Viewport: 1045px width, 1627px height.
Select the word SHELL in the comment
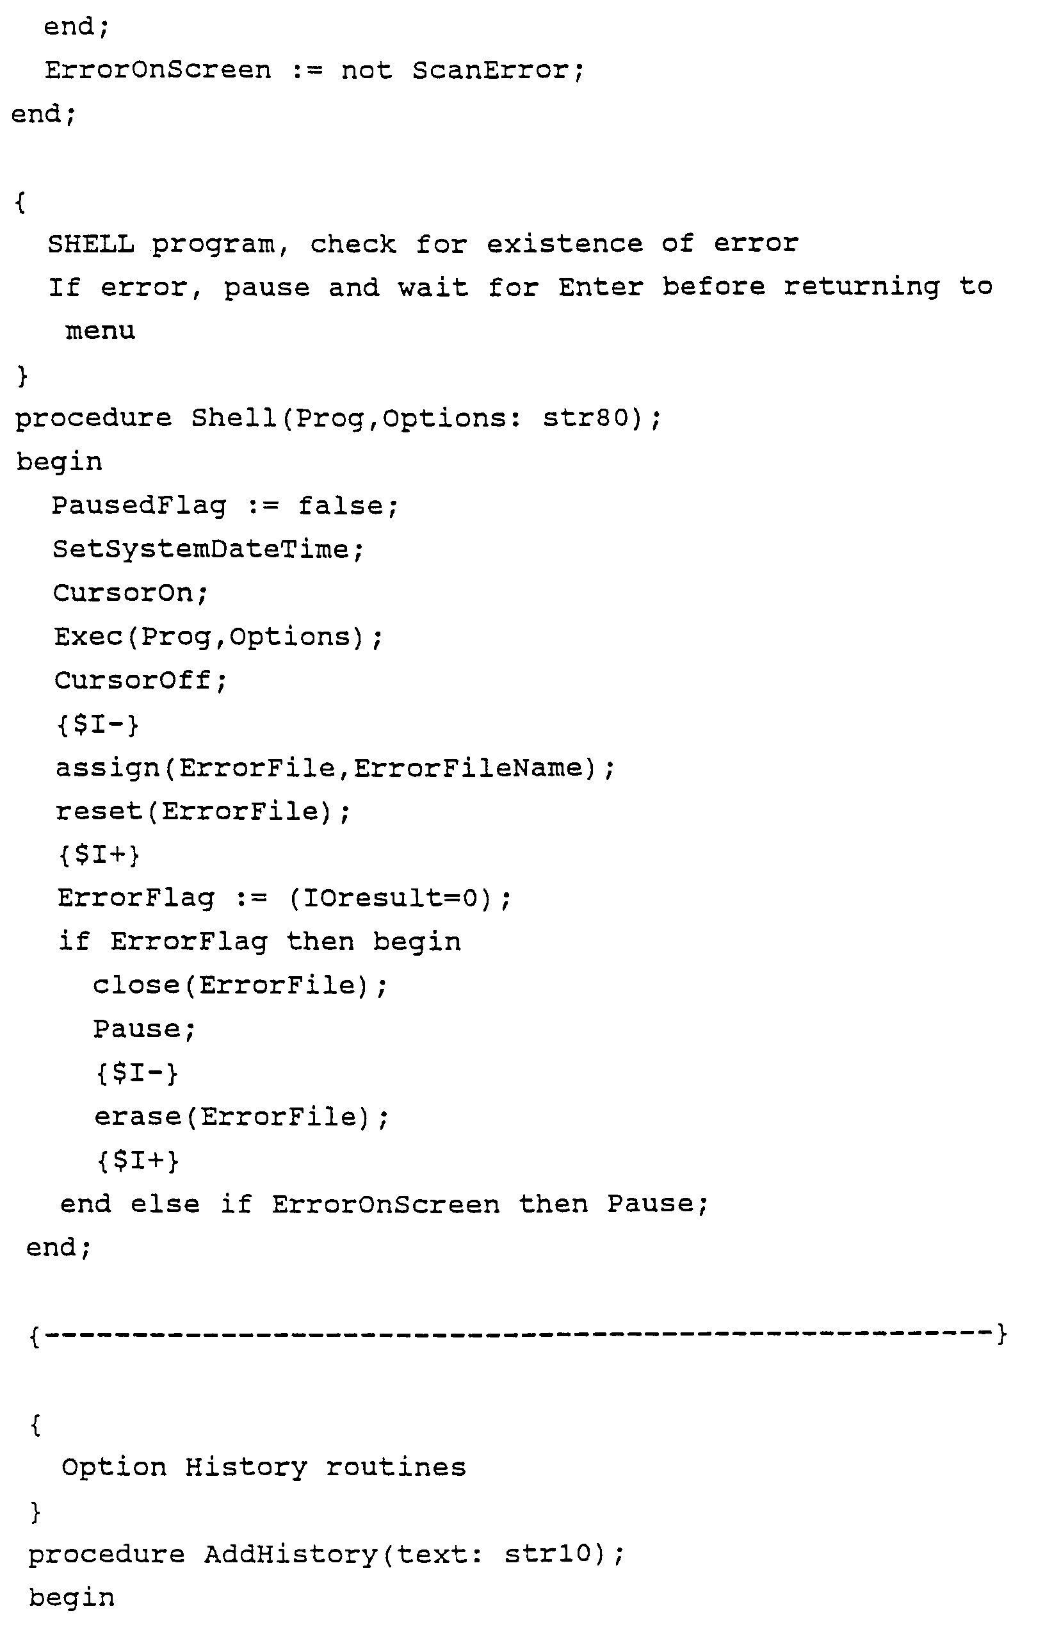click(90, 243)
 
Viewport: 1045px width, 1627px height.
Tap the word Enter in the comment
click(601, 287)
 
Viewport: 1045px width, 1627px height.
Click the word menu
click(100, 331)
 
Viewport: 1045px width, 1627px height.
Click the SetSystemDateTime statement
click(208, 549)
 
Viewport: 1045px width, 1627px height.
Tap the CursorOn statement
click(129, 593)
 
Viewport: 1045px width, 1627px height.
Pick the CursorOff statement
click(139, 680)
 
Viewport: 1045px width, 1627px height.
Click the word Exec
click(88, 637)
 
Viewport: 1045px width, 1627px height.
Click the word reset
click(99, 811)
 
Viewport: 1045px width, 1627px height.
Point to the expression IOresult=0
click(390, 899)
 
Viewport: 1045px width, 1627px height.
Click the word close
click(136, 986)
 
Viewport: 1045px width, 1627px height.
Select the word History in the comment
click(246, 1468)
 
